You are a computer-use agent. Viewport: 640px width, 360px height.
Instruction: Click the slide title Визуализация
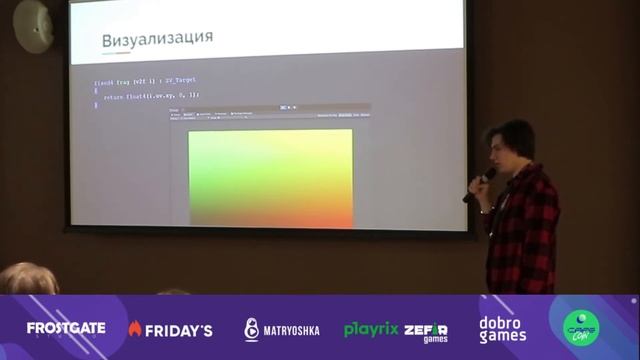[x=157, y=39]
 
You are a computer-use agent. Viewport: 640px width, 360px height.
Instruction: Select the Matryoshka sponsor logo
[x=282, y=330]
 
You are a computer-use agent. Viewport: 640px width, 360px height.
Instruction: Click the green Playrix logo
[x=371, y=329]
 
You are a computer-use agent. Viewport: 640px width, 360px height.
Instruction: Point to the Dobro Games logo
[x=502, y=329]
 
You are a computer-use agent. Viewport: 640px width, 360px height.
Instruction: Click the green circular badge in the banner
[x=581, y=327]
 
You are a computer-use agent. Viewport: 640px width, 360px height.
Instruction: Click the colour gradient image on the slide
[x=271, y=177]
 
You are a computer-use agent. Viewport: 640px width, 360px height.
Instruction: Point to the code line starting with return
[x=150, y=95]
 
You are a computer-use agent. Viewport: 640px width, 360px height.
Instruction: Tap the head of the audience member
[x=27, y=279]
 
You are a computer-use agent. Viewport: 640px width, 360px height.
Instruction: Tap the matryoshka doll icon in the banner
[x=252, y=330]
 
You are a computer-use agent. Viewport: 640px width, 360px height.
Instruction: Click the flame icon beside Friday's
[x=135, y=329]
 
